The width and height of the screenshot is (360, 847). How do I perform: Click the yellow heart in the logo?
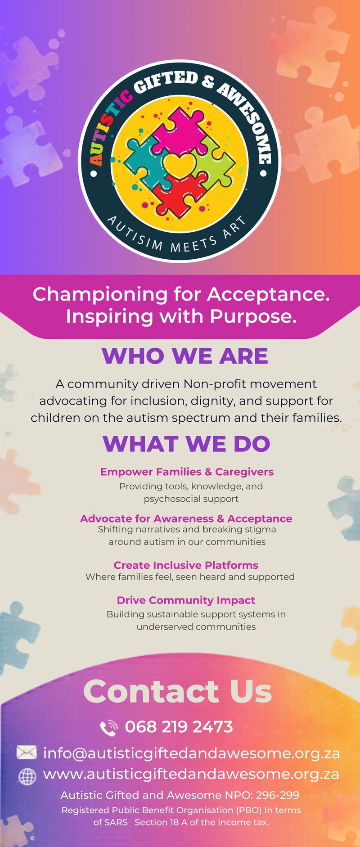pos(180,164)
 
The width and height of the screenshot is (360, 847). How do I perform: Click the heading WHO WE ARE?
pos(185,356)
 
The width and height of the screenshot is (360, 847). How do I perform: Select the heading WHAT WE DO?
pos(186,444)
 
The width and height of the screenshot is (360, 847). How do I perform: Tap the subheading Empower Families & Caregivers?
pos(187,472)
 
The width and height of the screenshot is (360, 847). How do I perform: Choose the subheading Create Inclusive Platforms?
pos(186,565)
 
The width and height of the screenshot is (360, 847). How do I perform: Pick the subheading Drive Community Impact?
pos(186,600)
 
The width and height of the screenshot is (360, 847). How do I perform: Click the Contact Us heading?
pos(178,691)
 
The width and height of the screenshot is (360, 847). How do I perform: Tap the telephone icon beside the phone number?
pos(108,728)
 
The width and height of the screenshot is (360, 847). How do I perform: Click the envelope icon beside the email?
pos(27,752)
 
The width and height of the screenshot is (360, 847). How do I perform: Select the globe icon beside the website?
pos(27,775)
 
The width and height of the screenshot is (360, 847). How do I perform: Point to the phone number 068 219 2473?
pos(179,727)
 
